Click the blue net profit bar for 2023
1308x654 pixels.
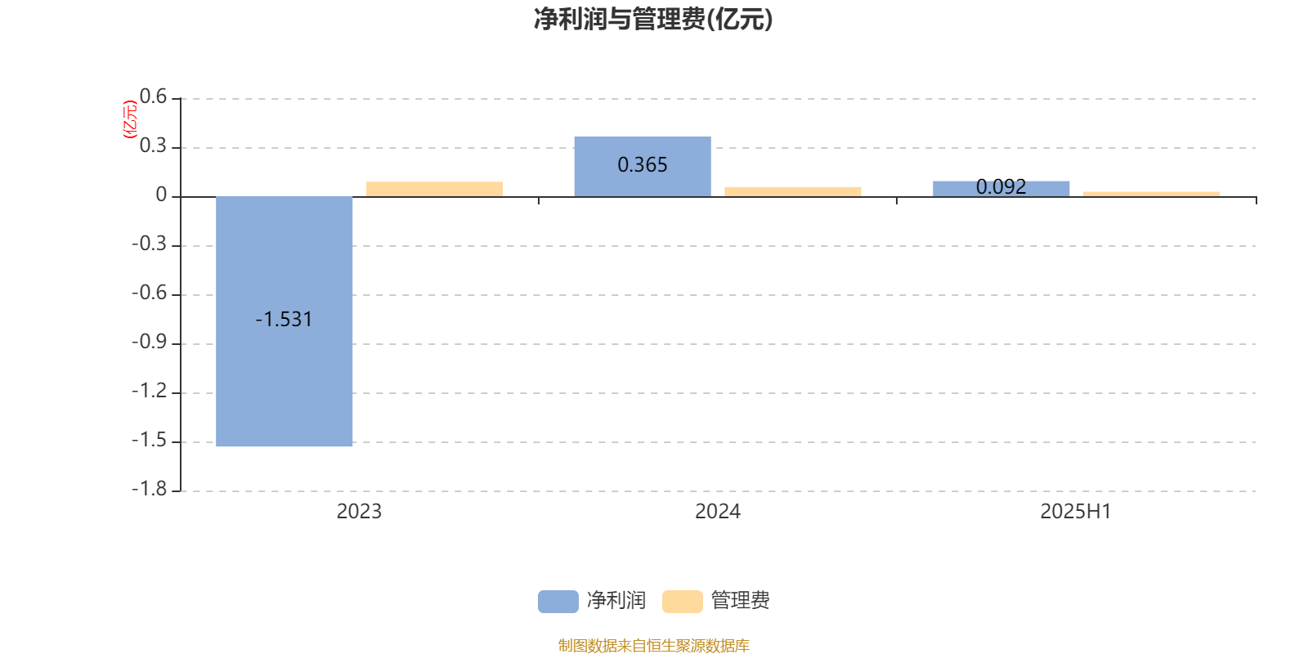click(284, 321)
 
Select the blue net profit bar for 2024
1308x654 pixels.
click(643, 167)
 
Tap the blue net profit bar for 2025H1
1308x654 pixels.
click(1001, 189)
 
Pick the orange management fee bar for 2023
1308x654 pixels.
click(434, 189)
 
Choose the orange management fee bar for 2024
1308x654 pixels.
click(793, 192)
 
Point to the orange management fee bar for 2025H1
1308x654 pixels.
click(1152, 195)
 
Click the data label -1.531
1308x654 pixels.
click(284, 320)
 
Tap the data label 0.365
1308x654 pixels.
click(643, 164)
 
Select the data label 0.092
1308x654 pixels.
click(1001, 187)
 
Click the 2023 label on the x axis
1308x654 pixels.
click(359, 512)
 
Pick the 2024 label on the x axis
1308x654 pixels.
click(718, 512)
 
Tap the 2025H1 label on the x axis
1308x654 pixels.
click(1076, 512)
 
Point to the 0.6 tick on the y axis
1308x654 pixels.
click(153, 96)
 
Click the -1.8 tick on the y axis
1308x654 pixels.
click(149, 489)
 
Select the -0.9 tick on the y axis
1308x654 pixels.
click(149, 342)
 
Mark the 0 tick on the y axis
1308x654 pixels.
click(161, 195)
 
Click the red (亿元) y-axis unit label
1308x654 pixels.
click(130, 119)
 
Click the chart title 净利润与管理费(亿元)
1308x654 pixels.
click(653, 19)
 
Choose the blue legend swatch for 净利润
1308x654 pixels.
click(558, 602)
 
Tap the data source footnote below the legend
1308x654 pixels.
click(653, 645)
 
